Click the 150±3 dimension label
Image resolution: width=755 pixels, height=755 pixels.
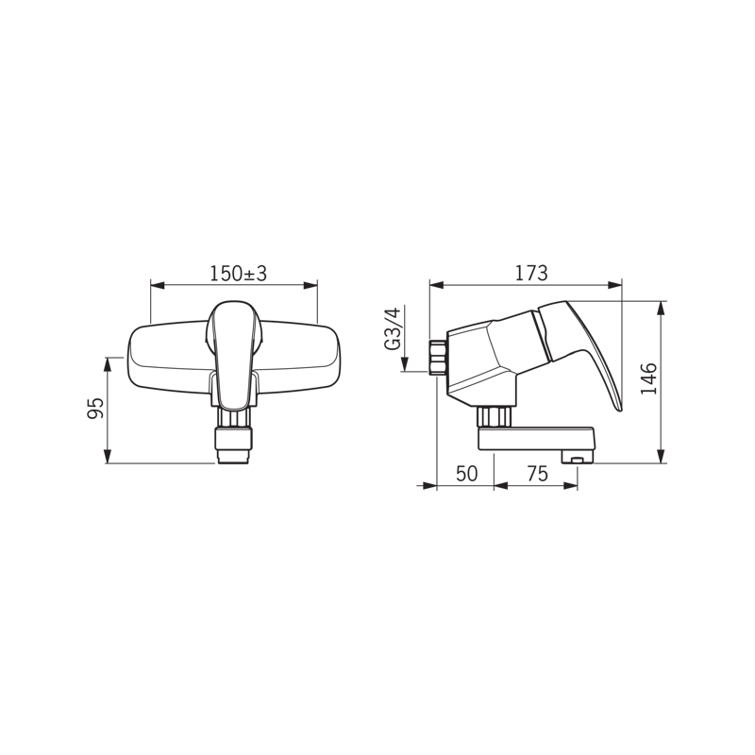[238, 274]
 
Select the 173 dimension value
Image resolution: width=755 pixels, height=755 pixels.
[531, 273]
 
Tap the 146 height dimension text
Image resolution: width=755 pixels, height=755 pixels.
[649, 379]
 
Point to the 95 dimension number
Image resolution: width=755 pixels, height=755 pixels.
[95, 409]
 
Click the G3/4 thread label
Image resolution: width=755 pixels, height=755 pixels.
[393, 328]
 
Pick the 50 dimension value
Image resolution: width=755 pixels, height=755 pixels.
[466, 474]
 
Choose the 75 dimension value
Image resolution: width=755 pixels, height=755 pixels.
[537, 474]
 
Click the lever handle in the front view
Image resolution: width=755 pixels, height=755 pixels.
[234, 355]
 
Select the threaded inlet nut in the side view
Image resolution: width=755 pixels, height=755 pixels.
[437, 357]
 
